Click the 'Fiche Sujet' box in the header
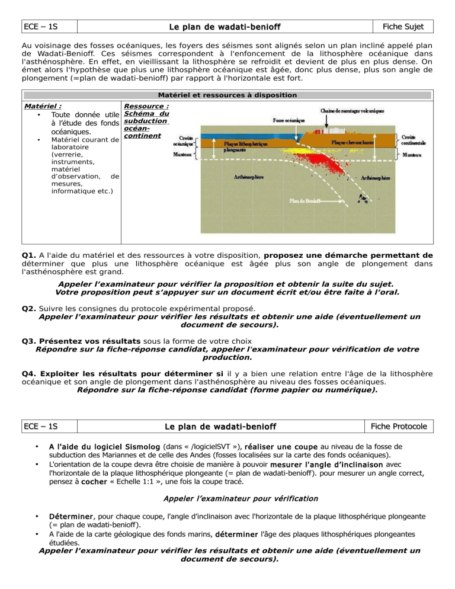406,27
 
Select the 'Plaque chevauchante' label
354,142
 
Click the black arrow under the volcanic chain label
327,122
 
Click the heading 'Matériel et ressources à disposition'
227,95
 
